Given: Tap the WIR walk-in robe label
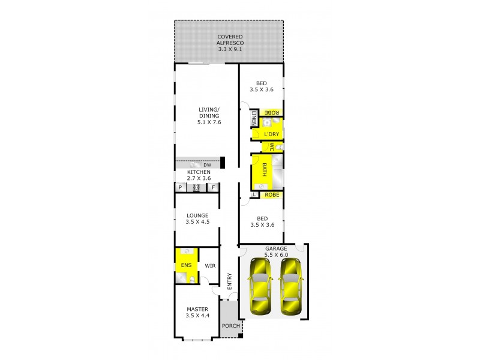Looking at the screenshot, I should [210, 265].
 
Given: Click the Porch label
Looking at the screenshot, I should [230, 326].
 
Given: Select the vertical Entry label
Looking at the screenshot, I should [229, 282].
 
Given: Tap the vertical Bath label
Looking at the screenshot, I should [263, 170].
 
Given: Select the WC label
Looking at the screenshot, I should [271, 146].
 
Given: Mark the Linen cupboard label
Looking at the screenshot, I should [254, 118].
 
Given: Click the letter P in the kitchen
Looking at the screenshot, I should [179, 188].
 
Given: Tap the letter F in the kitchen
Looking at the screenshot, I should [212, 188].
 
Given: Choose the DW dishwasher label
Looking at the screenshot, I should [206, 165].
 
